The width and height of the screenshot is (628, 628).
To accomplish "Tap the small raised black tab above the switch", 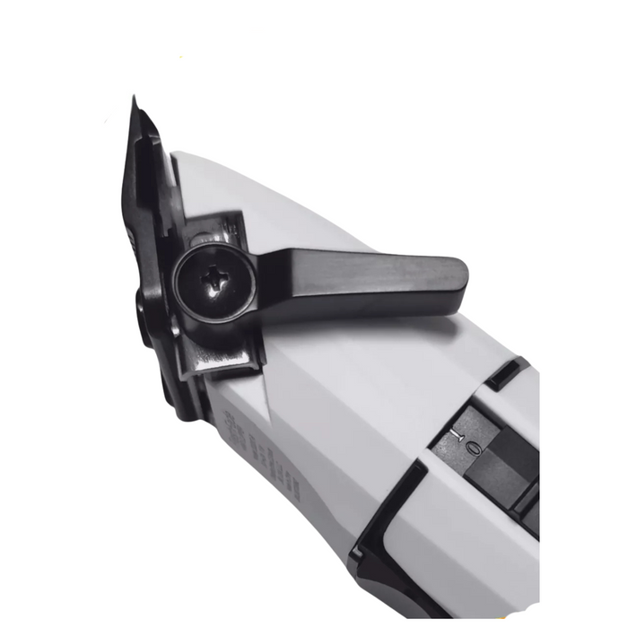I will coord(508,371).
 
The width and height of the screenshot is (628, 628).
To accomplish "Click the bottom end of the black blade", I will coord(184,408).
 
